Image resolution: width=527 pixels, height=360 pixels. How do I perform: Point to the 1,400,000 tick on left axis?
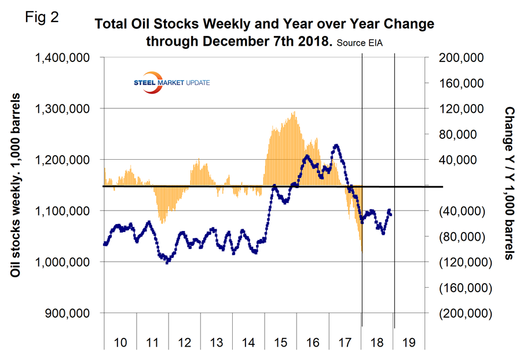pyautogui.click(x=65, y=58)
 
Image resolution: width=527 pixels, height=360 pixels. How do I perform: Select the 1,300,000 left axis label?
pyautogui.click(x=65, y=109)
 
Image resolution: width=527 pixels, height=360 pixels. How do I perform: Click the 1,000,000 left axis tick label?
pyautogui.click(x=65, y=262)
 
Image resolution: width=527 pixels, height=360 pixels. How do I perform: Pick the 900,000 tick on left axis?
pyautogui.click(x=72, y=313)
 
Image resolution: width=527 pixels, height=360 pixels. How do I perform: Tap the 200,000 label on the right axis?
pyautogui.click(x=464, y=58)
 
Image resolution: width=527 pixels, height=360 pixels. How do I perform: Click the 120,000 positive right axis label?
pyautogui.click(x=464, y=109)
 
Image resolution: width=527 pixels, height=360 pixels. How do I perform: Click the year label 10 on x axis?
pyautogui.click(x=120, y=343)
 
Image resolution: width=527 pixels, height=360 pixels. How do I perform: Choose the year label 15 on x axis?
pyautogui.click(x=280, y=343)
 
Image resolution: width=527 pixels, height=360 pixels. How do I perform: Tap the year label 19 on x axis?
pyautogui.click(x=408, y=343)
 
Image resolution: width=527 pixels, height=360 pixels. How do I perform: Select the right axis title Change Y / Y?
pyautogui.click(x=510, y=182)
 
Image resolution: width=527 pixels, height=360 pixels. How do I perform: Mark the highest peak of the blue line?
pyautogui.click(x=336, y=145)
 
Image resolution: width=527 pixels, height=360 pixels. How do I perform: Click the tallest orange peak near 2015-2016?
pyautogui.click(x=294, y=112)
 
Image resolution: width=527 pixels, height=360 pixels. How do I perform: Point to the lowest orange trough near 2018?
pyautogui.click(x=362, y=252)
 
